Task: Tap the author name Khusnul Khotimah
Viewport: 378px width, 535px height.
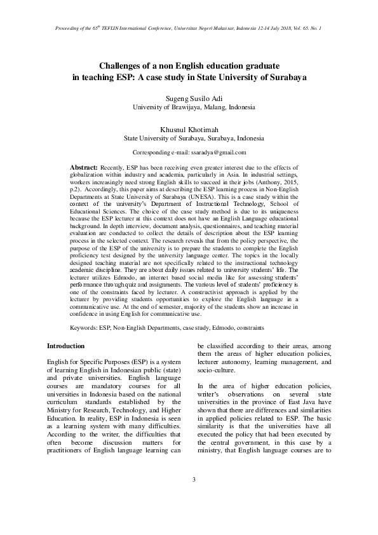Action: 189,129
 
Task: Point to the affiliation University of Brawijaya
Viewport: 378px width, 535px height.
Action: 168,107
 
